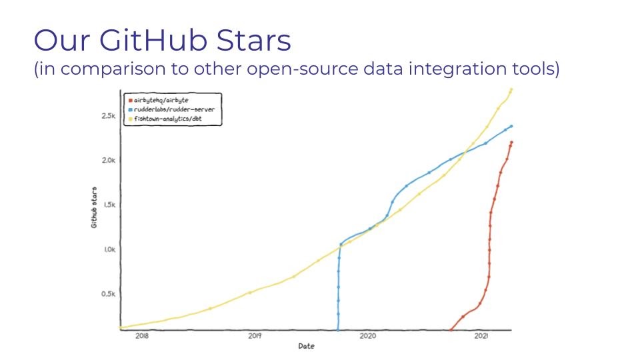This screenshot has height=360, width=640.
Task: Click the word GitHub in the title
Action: (153, 40)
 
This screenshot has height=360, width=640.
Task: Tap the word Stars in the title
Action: (253, 40)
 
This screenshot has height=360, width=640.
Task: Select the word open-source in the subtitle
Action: (303, 69)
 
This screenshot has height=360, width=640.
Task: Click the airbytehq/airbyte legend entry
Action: (159, 100)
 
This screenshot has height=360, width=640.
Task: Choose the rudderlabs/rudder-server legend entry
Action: (171, 109)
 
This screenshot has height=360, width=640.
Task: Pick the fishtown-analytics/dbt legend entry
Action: (165, 119)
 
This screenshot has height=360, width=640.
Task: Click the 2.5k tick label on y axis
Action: (109, 116)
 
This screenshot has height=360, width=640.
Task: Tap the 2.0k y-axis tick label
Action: (109, 161)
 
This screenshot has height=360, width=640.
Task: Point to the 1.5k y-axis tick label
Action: (109, 205)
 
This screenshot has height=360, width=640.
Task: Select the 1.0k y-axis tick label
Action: (109, 249)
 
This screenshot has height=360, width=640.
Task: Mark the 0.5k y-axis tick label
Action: (109, 294)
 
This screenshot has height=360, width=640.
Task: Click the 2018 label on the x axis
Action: (142, 336)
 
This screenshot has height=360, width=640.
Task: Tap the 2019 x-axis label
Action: (255, 336)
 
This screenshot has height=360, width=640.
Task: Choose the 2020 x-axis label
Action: (368, 336)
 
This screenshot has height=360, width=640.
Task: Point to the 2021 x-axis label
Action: (481, 336)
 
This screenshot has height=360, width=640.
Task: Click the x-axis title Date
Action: (306, 346)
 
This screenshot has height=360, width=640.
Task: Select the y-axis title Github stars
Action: (94, 207)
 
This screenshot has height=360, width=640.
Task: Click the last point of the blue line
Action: (511, 126)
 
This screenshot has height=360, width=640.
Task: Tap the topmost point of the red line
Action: (511, 143)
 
